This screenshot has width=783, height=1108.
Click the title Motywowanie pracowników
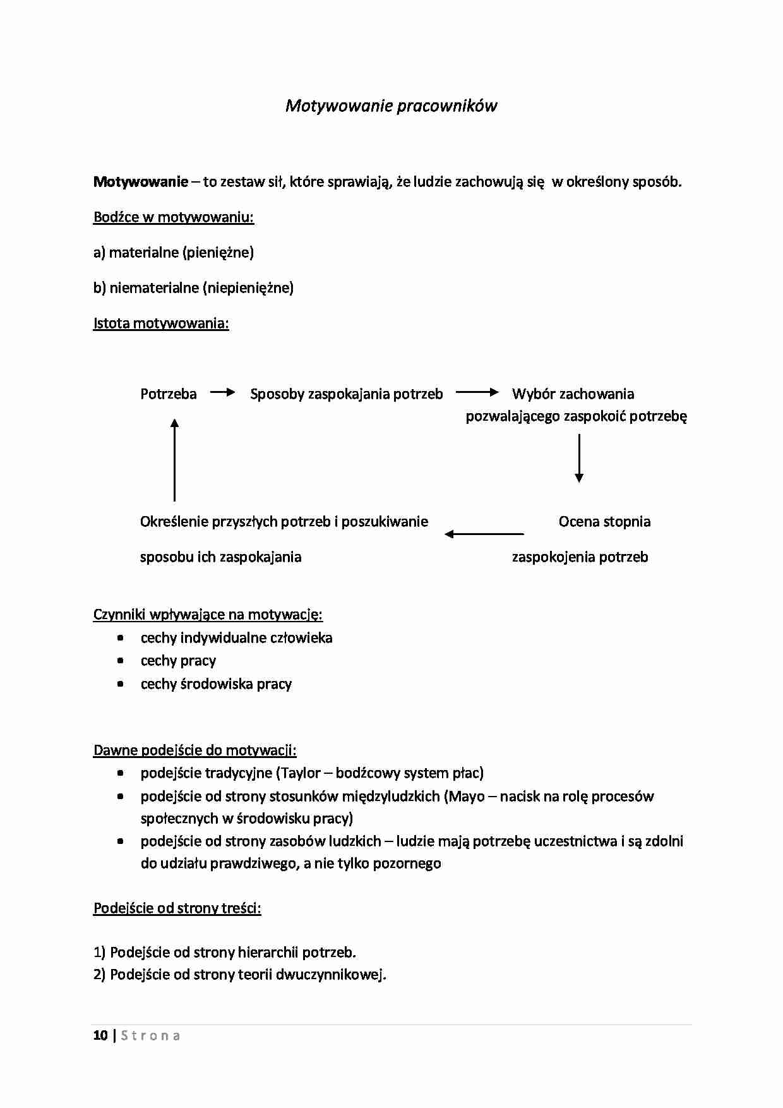tap(391, 105)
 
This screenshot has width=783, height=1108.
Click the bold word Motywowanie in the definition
tap(140, 182)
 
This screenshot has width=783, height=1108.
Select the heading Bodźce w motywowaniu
tap(173, 217)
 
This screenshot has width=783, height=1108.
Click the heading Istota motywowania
tap(160, 323)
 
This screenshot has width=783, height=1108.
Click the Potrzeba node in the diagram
tap(168, 394)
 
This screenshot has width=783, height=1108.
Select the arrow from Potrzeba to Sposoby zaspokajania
tap(222, 392)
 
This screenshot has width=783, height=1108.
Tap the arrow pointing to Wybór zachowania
tap(477, 392)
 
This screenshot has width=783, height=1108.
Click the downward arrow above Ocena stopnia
tap(578, 458)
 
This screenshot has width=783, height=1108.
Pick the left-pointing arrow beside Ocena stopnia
tap(484, 534)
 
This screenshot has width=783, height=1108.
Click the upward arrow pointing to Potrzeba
tap(174, 459)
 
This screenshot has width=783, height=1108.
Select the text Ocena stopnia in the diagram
tap(604, 522)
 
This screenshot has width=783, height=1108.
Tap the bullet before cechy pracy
tap(121, 661)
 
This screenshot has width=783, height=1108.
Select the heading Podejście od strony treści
tap(177, 908)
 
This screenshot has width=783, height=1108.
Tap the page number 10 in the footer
tap(100, 1035)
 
